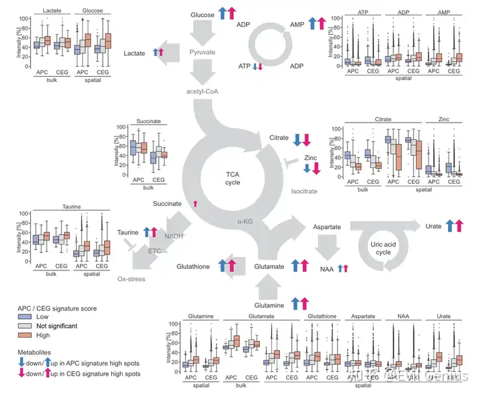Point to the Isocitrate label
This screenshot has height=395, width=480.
click(x=304, y=191)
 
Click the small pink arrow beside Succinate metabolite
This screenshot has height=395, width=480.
click(x=195, y=202)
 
